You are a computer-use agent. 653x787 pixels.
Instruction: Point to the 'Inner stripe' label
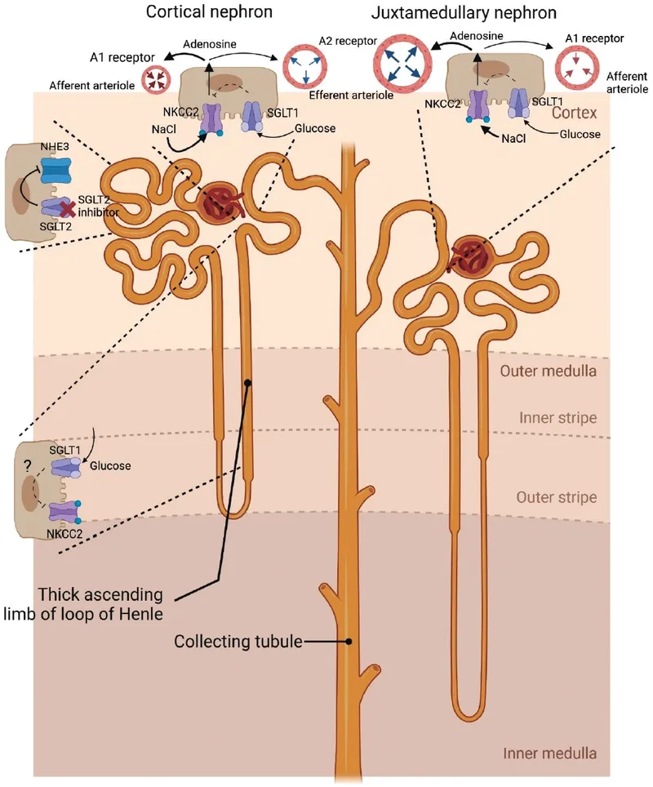tap(557, 419)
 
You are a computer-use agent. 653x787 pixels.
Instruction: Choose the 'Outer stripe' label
tap(557, 497)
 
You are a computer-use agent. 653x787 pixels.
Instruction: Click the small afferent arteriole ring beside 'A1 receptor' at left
tap(154, 80)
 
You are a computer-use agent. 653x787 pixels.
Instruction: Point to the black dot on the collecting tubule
tap(349, 642)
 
